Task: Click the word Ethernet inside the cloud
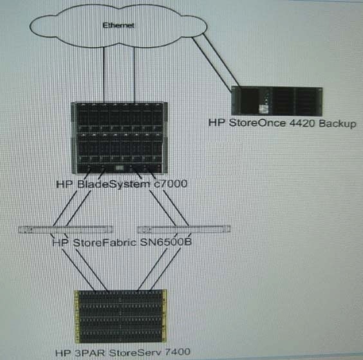pyautogui.click(x=118, y=25)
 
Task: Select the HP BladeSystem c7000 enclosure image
pyautogui.click(x=120, y=138)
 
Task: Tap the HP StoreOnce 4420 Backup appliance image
pyautogui.click(x=277, y=101)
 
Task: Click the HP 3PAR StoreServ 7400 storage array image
pyautogui.click(x=120, y=316)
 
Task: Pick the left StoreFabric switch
pyautogui.click(x=65, y=229)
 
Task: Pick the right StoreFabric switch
pyautogui.click(x=184, y=229)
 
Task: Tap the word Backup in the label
pyautogui.click(x=337, y=124)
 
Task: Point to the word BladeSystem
pyautogui.click(x=113, y=184)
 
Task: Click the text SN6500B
pyautogui.click(x=166, y=242)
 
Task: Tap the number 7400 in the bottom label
pyautogui.click(x=178, y=352)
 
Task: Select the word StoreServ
pyautogui.click(x=135, y=352)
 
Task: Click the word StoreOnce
pyautogui.click(x=257, y=123)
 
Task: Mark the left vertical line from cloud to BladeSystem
pyautogui.click(x=104, y=75)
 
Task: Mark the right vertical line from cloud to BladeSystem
pyautogui.click(x=135, y=75)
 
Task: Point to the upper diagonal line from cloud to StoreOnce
pyautogui.click(x=221, y=61)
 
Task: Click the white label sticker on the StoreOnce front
pyautogui.click(x=263, y=109)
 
